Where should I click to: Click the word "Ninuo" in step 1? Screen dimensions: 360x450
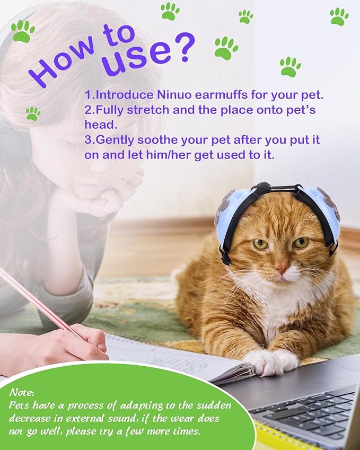click(174, 95)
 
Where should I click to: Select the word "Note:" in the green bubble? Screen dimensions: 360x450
click(22, 392)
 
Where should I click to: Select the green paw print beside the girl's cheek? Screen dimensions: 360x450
click(33, 113)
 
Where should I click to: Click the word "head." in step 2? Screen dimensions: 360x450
click(101, 125)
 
